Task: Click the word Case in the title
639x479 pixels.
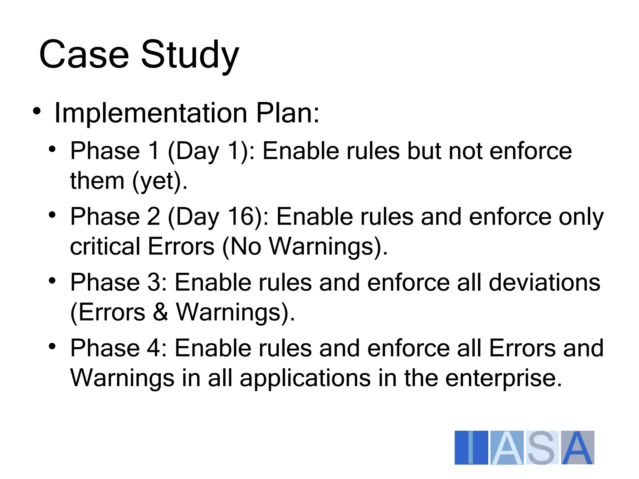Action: coord(84,55)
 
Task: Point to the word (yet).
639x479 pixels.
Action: coord(160,181)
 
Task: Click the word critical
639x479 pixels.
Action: coord(105,246)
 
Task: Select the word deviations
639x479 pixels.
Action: coord(544,283)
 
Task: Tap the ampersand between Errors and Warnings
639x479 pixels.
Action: coord(160,312)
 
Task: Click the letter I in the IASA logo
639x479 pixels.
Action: coord(471,448)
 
